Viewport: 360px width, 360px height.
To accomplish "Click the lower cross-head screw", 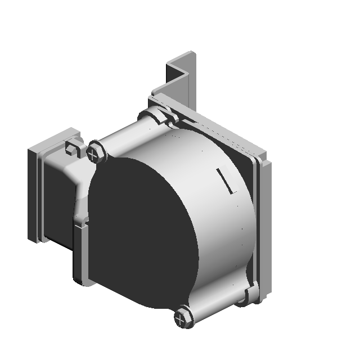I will pos(183,318).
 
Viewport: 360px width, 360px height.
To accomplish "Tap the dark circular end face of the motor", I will pos(141,231).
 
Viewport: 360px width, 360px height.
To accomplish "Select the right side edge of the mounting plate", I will pos(267,225).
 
